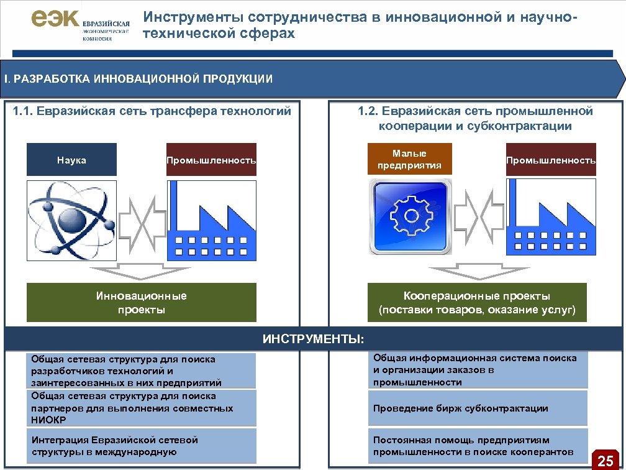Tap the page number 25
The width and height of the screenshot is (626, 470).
coord(605,461)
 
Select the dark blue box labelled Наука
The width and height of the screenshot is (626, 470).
coord(71,160)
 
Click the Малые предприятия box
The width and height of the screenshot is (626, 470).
coord(409,159)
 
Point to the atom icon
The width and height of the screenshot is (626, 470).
coord(71,220)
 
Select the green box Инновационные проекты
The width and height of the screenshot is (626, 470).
coord(141,303)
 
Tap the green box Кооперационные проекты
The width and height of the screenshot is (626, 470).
coord(477,303)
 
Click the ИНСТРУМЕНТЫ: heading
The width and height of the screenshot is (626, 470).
coord(313,339)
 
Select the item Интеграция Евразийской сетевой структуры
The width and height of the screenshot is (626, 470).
coord(143,446)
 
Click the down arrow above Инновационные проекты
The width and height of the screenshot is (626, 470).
coord(140,272)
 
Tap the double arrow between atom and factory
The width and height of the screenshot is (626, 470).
coord(141,220)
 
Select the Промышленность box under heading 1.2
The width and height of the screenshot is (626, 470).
coord(551,160)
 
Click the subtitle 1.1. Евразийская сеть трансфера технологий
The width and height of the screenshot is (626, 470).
coord(152,112)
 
